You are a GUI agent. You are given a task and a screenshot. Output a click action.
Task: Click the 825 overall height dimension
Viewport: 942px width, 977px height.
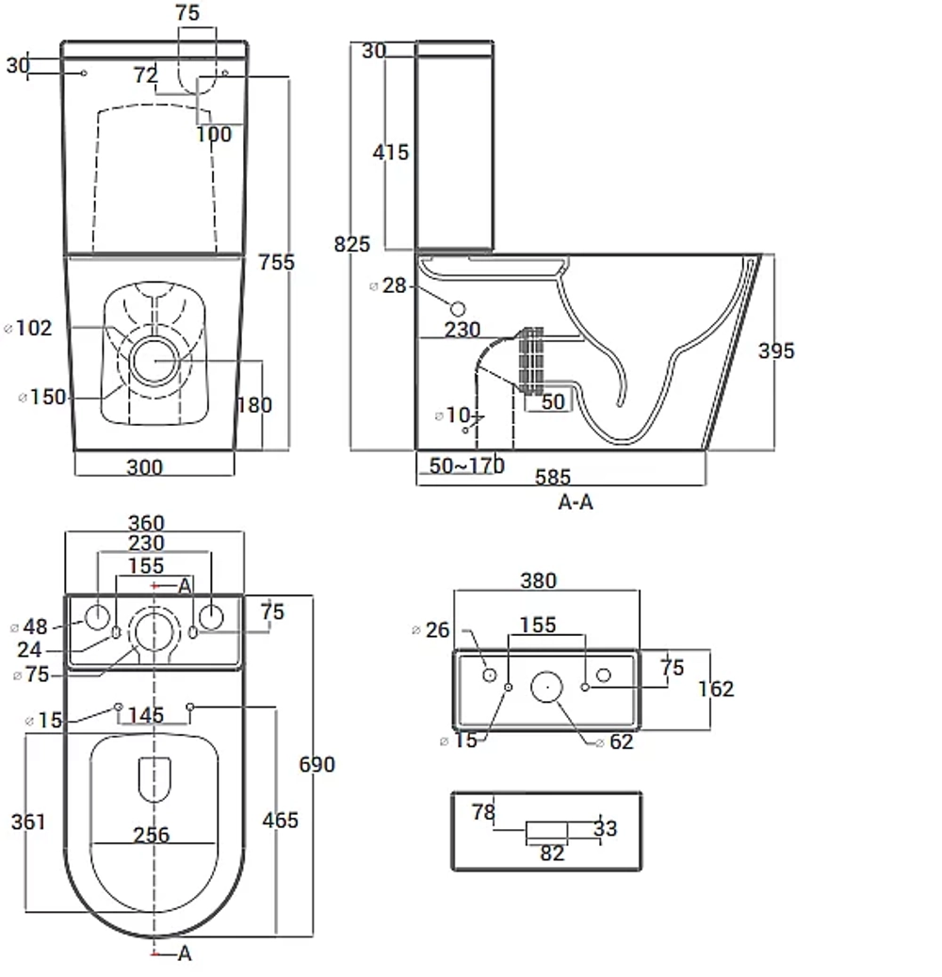coord(352,244)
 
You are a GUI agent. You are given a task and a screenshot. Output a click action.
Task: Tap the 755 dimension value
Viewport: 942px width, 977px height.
coord(277,262)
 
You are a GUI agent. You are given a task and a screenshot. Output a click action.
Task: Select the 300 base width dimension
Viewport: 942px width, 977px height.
coord(144,467)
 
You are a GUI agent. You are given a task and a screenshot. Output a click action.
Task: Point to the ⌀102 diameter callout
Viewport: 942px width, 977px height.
coord(28,328)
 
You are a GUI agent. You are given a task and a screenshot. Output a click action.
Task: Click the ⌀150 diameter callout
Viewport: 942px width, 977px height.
coord(42,397)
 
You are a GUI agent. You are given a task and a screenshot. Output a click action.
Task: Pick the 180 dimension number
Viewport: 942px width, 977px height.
coord(255,406)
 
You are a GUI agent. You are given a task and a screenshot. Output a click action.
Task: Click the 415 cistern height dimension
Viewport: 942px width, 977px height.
coord(391,153)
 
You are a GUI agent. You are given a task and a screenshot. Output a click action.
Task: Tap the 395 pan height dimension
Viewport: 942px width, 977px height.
coord(776,351)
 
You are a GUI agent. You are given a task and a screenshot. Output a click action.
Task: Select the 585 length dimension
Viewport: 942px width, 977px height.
coord(553,478)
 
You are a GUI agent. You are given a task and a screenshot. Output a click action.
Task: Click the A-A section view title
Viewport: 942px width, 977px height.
coord(576,502)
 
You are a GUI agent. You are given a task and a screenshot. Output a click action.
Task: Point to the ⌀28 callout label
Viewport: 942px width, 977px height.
coord(388,286)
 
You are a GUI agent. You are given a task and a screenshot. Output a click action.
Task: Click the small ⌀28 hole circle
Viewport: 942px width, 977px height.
coord(458,309)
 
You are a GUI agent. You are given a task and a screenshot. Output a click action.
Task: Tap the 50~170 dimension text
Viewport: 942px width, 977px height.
coord(466,466)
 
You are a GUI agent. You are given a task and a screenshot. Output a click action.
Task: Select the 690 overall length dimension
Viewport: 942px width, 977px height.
coord(317,764)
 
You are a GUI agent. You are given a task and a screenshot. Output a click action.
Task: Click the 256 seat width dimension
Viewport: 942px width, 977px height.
coord(152,835)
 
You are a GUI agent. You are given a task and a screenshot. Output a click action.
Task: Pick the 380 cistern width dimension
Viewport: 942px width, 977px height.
coord(538,580)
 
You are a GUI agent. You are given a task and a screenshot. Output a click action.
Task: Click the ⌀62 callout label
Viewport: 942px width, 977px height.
coord(614,742)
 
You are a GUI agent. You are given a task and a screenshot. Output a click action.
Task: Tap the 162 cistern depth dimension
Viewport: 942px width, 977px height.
coord(716,689)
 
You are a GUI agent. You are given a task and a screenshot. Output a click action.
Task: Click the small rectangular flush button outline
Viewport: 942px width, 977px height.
coord(547,831)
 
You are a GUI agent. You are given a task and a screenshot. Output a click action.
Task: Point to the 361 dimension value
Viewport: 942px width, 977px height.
coord(28,822)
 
